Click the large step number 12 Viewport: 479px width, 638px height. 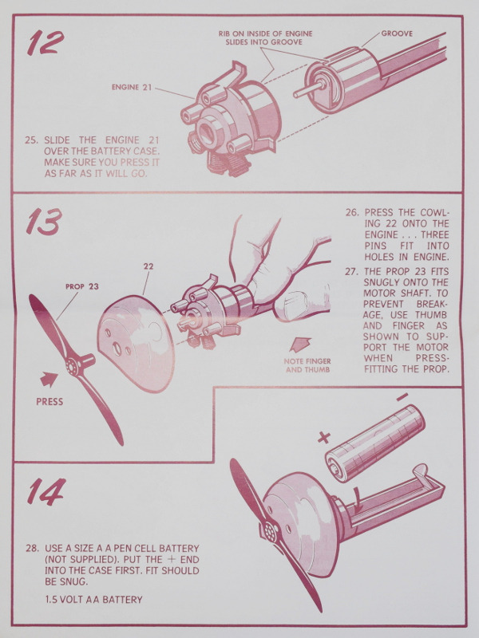point(46,42)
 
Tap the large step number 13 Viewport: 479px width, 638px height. point(44,222)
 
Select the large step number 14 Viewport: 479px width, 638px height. point(46,491)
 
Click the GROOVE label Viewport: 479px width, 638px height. point(397,33)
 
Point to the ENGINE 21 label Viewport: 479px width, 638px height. point(132,87)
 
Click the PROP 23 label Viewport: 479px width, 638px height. point(82,286)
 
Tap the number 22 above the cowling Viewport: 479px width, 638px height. point(148,266)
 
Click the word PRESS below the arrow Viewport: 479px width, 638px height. point(49,402)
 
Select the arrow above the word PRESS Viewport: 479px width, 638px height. point(49,380)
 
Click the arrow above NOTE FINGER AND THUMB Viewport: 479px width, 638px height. point(300,345)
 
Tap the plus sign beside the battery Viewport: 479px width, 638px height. point(324,438)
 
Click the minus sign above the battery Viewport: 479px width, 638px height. point(402,396)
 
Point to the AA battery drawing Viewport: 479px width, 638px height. point(375,443)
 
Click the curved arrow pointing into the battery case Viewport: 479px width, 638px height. point(358,502)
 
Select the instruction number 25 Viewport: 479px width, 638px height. point(31,140)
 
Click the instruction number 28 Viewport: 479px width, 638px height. point(32,549)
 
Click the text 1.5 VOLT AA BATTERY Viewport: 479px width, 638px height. point(93,600)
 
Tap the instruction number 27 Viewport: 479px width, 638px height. point(351,271)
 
